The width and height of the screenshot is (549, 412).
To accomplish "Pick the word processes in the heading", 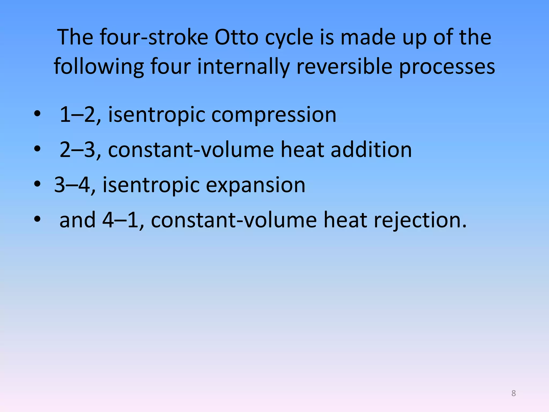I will pos(447,67).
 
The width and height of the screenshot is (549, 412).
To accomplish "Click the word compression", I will pos(274,115).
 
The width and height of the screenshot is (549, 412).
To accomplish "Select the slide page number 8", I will pos(513,393).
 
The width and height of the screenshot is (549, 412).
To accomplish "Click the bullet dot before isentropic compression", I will pos(37,114).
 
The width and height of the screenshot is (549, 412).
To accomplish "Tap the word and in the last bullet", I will pos(77,220).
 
